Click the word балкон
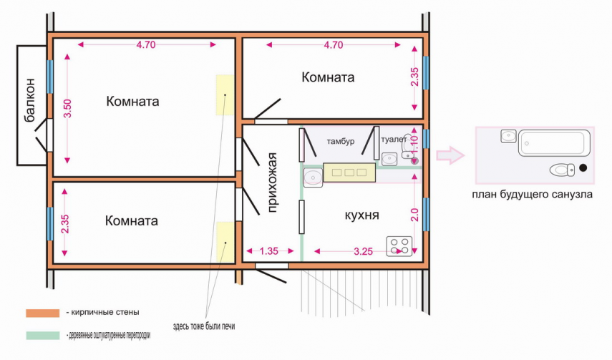[x=29, y=101]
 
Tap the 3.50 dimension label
[x=67, y=108]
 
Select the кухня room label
[x=361, y=215]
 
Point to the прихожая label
[x=272, y=182]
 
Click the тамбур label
[x=340, y=141]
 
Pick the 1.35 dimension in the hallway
[x=269, y=251]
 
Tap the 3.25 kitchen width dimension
[x=363, y=251]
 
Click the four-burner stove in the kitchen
[x=399, y=246]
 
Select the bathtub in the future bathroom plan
[x=554, y=143]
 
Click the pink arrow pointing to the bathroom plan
[x=450, y=155]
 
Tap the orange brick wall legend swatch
[x=42, y=313]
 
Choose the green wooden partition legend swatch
[x=42, y=336]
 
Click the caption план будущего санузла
[x=532, y=194]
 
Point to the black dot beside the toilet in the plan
[x=583, y=168]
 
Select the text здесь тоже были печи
[x=204, y=326]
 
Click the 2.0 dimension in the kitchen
[x=414, y=215]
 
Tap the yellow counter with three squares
[x=349, y=172]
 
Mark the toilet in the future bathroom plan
[x=562, y=170]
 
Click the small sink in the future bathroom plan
[x=509, y=136]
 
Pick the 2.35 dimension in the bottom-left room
[x=65, y=224]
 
